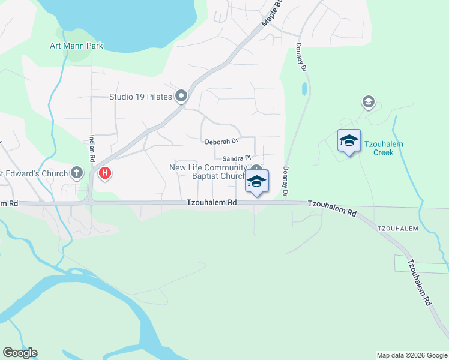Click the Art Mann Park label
tap(76, 46)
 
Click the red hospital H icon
tap(105, 174)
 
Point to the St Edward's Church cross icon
tap(76, 173)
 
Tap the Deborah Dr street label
tap(221, 142)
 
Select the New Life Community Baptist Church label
tap(208, 172)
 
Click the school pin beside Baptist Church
tap(256, 181)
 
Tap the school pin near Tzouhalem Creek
tap(349, 141)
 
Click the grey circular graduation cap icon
tap(367, 102)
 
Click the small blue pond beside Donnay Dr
tap(304, 89)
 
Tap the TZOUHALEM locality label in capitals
tap(397, 229)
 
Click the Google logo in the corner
tap(20, 353)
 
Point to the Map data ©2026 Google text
tap(411, 355)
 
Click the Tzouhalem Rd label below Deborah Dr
tap(211, 203)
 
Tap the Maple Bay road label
tap(272, 13)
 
